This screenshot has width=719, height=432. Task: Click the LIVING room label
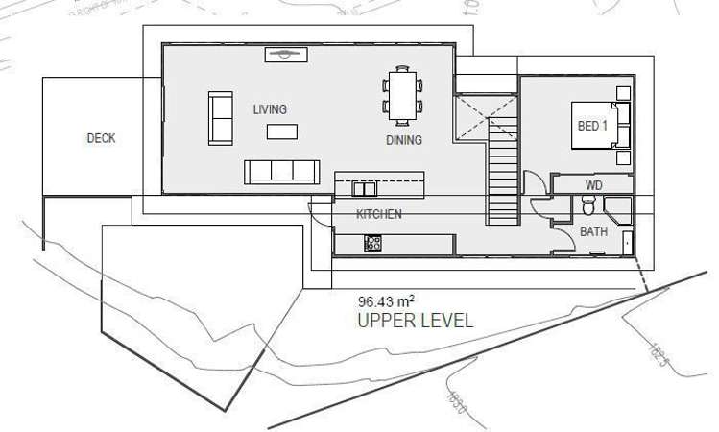[270, 109]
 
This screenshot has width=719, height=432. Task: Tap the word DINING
[404, 140]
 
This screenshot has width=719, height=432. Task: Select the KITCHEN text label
[378, 213]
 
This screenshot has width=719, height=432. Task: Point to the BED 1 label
[591, 126]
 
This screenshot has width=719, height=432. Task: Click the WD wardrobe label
[593, 184]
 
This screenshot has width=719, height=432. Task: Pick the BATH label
[593, 231]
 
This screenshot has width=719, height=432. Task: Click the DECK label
[101, 138]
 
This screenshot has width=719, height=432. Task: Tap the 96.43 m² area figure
[384, 300]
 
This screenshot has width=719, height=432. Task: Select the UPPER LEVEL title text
[415, 321]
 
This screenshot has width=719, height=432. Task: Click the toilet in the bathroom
[588, 204]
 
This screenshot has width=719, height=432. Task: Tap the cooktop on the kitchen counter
[372, 243]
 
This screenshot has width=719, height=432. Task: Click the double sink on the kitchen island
[363, 187]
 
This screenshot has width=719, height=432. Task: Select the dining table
[401, 94]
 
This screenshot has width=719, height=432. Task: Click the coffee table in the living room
[281, 131]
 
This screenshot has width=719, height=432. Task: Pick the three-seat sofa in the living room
[282, 172]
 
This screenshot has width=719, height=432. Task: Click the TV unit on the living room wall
[286, 54]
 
